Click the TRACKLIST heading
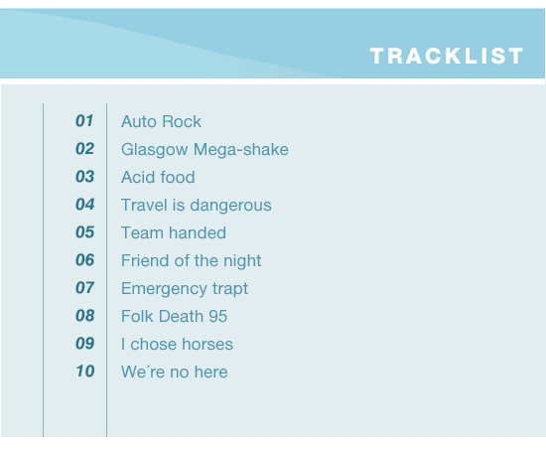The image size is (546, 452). [447, 56]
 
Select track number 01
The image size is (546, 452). [84, 121]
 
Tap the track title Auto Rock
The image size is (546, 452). [161, 121]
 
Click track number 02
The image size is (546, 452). [85, 149]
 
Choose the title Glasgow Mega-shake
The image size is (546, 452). [205, 150]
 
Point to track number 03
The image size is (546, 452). [85, 177]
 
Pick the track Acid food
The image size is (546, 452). [158, 177]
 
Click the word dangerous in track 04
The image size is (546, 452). [231, 206]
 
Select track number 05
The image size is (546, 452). [85, 232]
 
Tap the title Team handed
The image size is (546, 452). [174, 232]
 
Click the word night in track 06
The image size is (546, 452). [242, 261]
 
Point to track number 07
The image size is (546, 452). [85, 288]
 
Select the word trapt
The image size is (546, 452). [230, 289]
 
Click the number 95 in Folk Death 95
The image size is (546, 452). [218, 317]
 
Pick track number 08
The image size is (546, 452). [85, 316]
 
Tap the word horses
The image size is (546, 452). [207, 345]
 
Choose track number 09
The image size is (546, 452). [85, 344]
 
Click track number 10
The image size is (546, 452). [85, 372]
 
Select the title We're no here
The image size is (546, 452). [175, 372]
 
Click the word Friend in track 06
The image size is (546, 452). [146, 260]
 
